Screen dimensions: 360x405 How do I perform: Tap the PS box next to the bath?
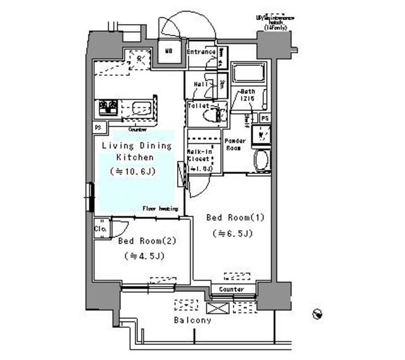pyautogui.click(x=265, y=118)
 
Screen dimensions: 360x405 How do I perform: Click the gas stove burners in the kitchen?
pyautogui.click(x=107, y=108)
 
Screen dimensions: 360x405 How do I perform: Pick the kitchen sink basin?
pyautogui.click(x=143, y=109)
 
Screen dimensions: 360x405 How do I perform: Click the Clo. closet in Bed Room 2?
pyautogui.click(x=101, y=228)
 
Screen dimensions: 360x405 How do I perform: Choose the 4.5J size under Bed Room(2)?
pyautogui.click(x=144, y=256)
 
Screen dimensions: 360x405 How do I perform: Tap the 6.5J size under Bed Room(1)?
pyautogui.click(x=232, y=233)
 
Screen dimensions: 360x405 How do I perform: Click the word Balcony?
pyautogui.click(x=193, y=320)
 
